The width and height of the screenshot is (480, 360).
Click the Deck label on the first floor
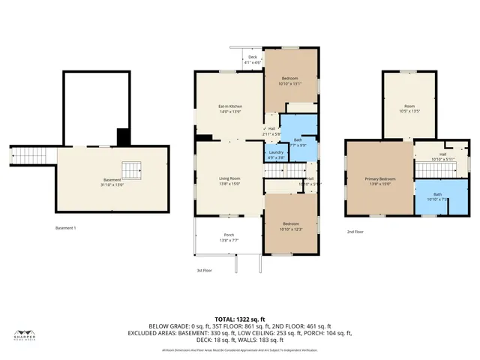click(x=253, y=59)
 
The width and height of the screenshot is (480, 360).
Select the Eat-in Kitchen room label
click(x=229, y=109)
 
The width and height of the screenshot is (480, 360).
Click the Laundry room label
click(x=275, y=155)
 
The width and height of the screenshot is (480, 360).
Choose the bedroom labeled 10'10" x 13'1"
click(x=289, y=81)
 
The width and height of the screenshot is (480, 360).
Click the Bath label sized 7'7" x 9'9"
click(x=298, y=142)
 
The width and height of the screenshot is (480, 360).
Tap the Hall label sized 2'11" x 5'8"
click(x=271, y=131)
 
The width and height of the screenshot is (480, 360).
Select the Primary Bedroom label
click(x=379, y=181)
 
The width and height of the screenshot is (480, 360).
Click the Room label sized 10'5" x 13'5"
click(x=409, y=108)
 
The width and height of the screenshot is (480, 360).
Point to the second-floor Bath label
click(x=431, y=196)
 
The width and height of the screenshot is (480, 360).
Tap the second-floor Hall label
click(x=442, y=157)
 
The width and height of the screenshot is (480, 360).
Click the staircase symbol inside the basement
click(x=131, y=169)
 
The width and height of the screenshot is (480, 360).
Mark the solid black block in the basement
click(x=123, y=137)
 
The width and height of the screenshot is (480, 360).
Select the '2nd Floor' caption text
click(x=355, y=232)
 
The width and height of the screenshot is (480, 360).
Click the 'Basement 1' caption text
click(x=66, y=227)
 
